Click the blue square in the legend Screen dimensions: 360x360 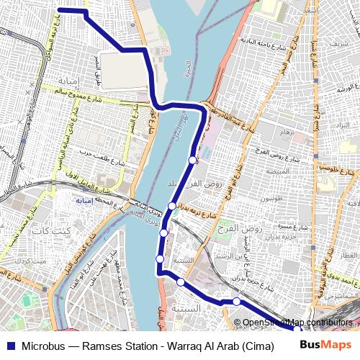coord(9,344)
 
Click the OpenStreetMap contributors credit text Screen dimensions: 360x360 coord(298,323)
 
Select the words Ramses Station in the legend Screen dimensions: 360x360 coord(120,344)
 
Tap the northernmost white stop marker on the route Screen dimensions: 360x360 coord(192,160)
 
